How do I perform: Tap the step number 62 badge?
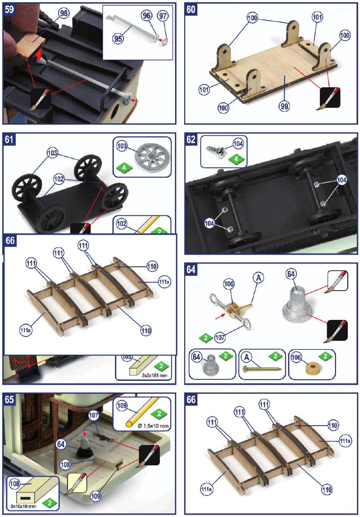pyautogui.click(x=191, y=139)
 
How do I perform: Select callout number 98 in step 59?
pyautogui.click(x=64, y=14)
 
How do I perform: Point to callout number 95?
pyautogui.click(x=118, y=38)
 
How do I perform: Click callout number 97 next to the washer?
pyautogui.click(x=163, y=16)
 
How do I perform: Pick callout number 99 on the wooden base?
pyautogui.click(x=284, y=107)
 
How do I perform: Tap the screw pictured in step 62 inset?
pyautogui.click(x=215, y=148)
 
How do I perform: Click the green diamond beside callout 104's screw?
pyautogui.click(x=236, y=159)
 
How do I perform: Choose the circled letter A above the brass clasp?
pyautogui.click(x=258, y=278)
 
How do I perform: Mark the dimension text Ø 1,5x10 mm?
pyautogui.click(x=153, y=426)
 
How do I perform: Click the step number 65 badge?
pyautogui.click(x=9, y=399)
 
